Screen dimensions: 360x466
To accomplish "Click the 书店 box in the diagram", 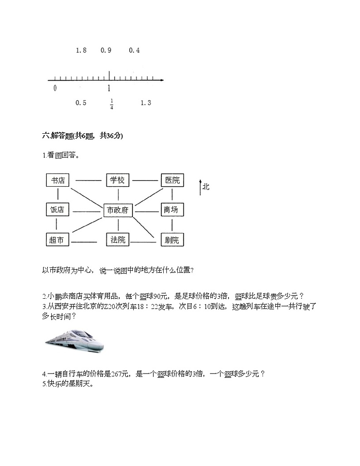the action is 58,180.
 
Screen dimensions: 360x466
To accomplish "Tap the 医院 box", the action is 172,180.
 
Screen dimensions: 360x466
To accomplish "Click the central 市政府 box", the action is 118,210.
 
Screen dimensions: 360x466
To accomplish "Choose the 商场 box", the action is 172,210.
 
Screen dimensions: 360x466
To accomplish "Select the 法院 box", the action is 117,239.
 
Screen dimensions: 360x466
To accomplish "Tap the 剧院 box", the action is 172,240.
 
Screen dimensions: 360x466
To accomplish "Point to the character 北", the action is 206,186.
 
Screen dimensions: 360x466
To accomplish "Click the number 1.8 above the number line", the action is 81,50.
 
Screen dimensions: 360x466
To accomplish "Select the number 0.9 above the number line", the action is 106,50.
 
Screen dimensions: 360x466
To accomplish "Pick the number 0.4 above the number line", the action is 134,50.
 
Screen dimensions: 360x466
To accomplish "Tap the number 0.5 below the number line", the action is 81,103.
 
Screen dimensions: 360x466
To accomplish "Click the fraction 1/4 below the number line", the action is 112,104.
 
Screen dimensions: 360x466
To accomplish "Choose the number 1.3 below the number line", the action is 146,103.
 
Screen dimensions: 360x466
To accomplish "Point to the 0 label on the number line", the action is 55,88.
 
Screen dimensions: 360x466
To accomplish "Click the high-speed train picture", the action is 75,340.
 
